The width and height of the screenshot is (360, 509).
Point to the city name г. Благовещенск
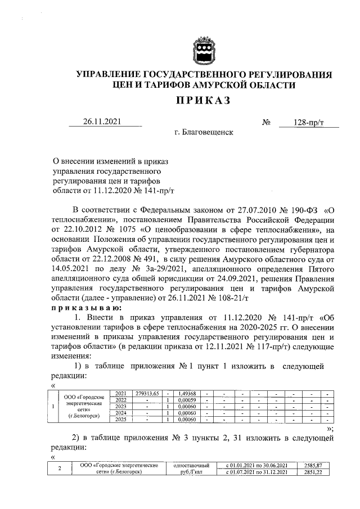tap(204, 133)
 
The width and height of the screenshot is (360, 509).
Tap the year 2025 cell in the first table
tap(120, 420)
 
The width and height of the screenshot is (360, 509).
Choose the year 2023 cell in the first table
tap(120, 407)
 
